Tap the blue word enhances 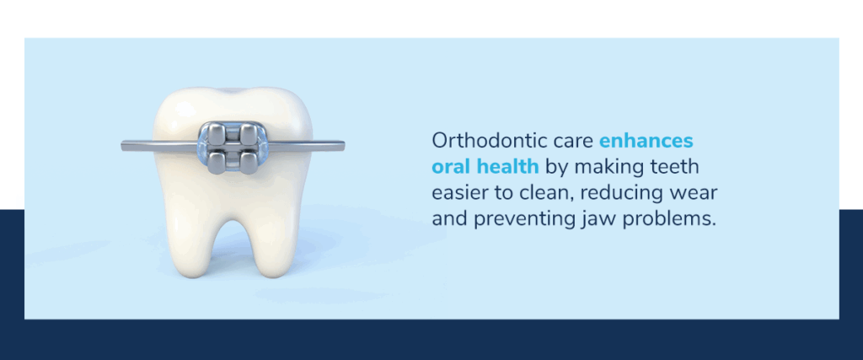pyautogui.click(x=646, y=141)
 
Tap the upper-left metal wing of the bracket pyautogui.click(x=214, y=132)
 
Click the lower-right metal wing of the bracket pyautogui.click(x=249, y=161)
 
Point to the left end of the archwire pyautogui.click(x=123, y=146)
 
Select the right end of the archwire pyautogui.click(x=343, y=146)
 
